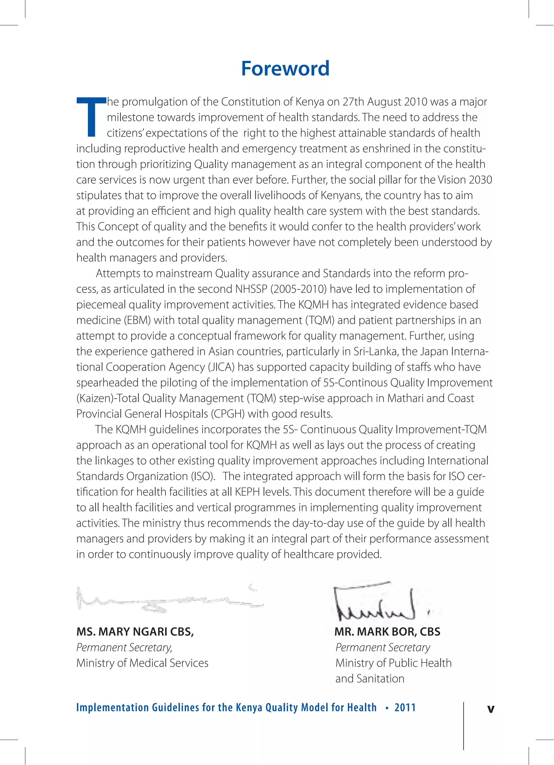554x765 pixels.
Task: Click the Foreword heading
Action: point(285,68)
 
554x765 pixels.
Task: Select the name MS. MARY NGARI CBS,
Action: point(135,631)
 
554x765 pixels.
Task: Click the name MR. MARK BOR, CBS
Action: point(387,631)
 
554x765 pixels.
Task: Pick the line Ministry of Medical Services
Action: point(142,663)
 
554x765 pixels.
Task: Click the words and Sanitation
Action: point(370,678)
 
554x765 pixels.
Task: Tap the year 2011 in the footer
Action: point(405,707)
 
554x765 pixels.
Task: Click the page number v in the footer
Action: point(491,709)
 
